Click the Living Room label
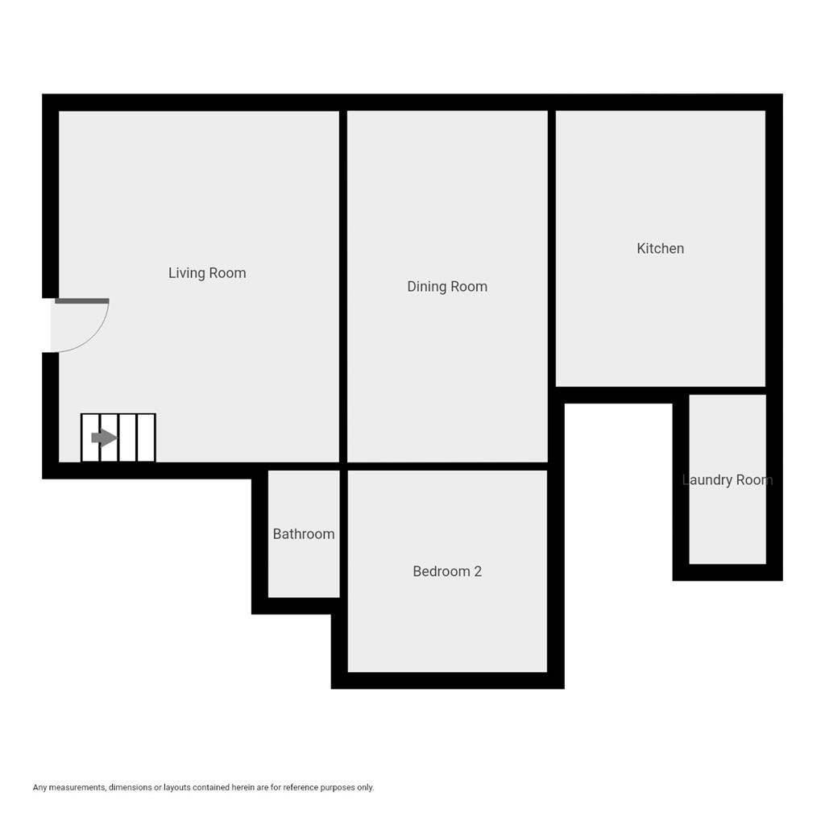207,273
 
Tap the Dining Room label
447,287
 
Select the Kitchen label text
660,249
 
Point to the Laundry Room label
727,480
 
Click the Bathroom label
303,534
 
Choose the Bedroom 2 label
447,571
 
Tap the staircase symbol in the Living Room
118,438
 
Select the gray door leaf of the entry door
81,301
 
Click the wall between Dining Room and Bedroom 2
447,466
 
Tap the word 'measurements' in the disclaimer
78,787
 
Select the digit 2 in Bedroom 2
478,571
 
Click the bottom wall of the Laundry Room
728,572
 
